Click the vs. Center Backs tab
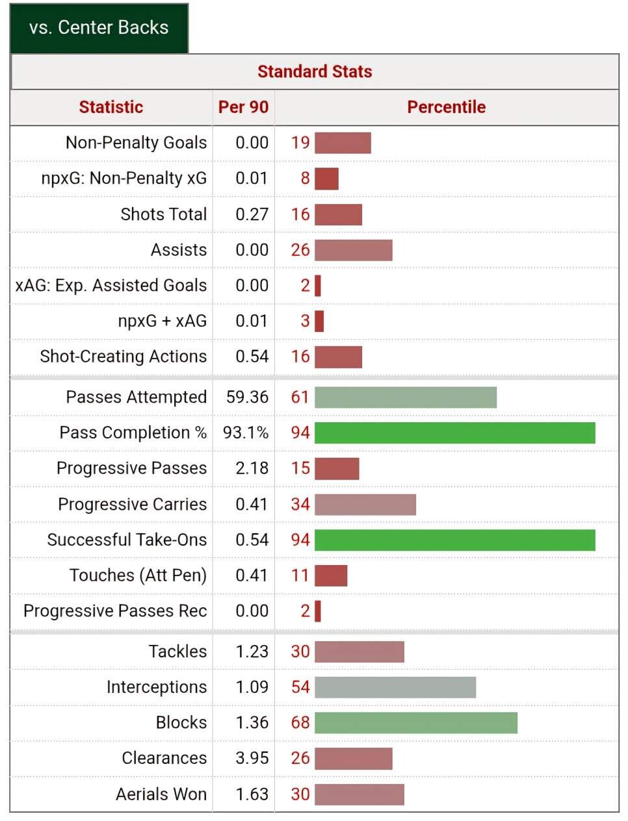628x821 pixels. tap(99, 28)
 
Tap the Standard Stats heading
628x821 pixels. tap(315, 71)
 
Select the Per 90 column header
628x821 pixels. tap(243, 107)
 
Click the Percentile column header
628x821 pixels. tap(446, 107)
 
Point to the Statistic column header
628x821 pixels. tap(111, 107)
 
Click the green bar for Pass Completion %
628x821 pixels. tap(454, 433)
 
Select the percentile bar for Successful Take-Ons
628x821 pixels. tap(454, 540)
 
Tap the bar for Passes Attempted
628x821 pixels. tap(405, 398)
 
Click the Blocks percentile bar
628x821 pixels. tap(415, 723)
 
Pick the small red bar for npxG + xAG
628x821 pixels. tap(319, 321)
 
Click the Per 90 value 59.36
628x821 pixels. tap(247, 398)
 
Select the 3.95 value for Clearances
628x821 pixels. tap(252, 758)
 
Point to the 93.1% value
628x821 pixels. tap(246, 433)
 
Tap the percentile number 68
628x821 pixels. tap(300, 723)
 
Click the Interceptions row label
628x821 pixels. tap(156, 687)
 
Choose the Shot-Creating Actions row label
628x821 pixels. tap(123, 357)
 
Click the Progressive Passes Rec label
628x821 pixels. tap(115, 611)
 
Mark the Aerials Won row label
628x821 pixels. tap(161, 794)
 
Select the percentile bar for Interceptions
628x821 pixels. tap(395, 687)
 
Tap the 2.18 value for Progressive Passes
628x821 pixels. tap(252, 468)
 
